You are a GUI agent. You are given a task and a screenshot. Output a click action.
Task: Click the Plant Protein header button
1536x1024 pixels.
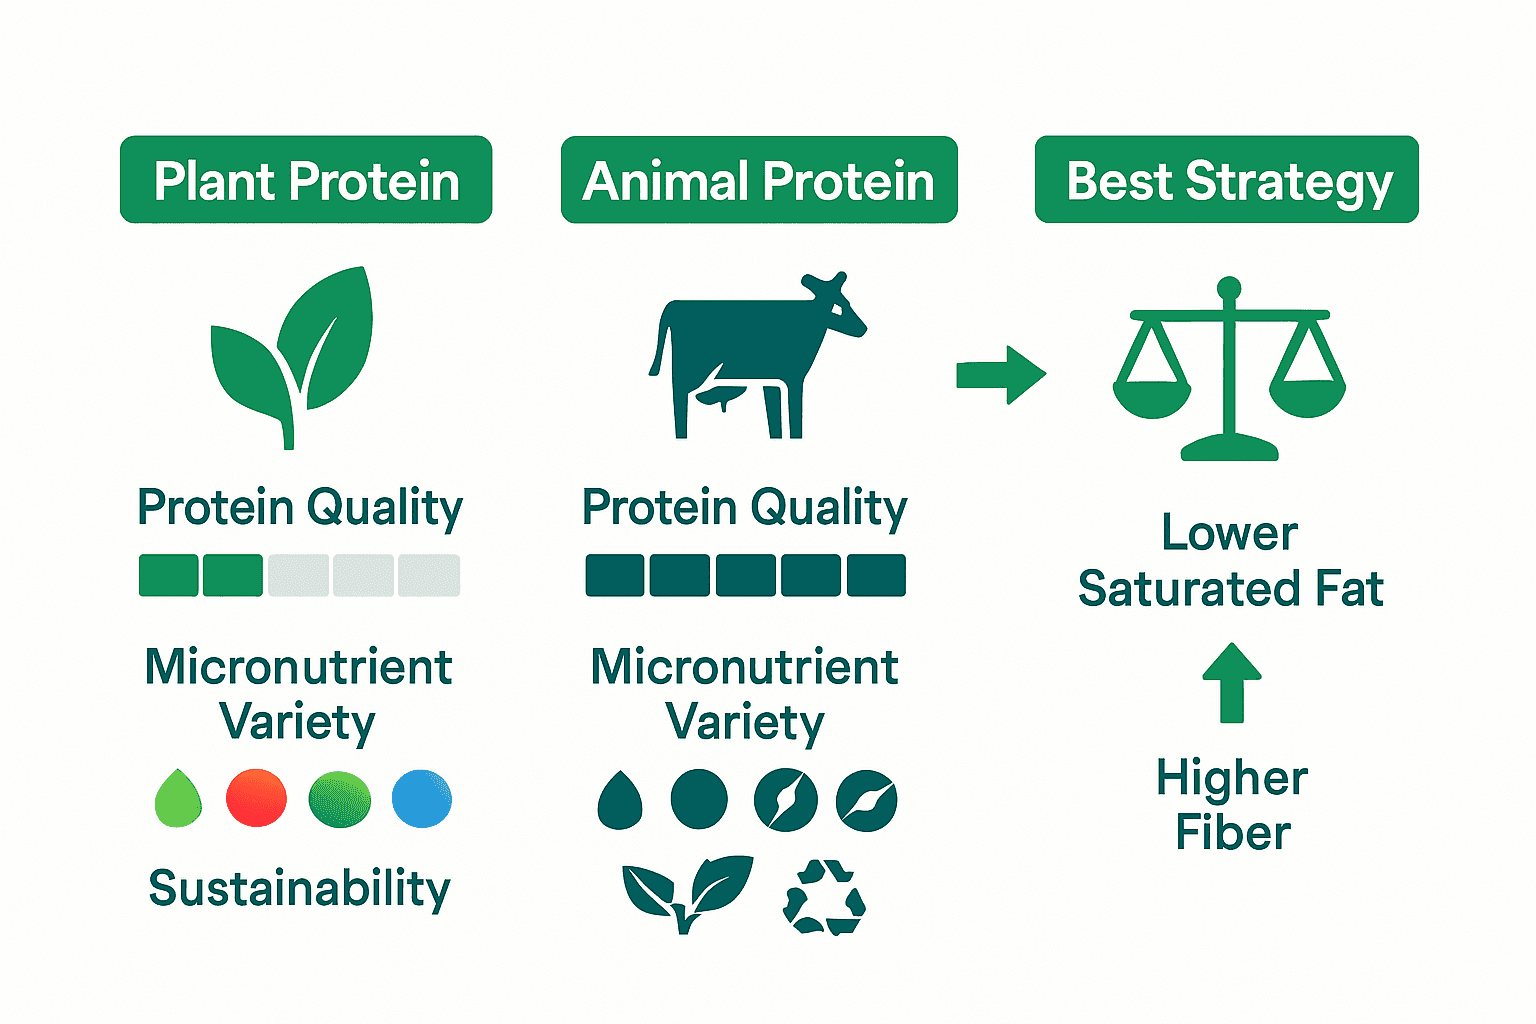pyautogui.click(x=306, y=180)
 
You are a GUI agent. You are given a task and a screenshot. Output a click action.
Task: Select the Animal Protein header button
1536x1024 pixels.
pyautogui.click(x=759, y=180)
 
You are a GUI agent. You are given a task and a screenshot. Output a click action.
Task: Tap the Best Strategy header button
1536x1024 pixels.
pyautogui.click(x=1227, y=180)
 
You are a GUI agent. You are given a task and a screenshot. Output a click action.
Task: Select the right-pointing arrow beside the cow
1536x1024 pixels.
pyautogui.click(x=1001, y=375)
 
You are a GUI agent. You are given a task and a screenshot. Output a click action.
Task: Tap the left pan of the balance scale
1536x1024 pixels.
pyautogui.click(x=1152, y=398)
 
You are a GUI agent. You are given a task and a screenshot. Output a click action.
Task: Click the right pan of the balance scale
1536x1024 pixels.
pyautogui.click(x=1307, y=398)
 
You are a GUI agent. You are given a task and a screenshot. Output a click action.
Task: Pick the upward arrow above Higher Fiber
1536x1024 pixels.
pyautogui.click(x=1232, y=682)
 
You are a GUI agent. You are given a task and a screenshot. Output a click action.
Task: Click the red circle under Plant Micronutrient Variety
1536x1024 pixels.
pyautogui.click(x=257, y=798)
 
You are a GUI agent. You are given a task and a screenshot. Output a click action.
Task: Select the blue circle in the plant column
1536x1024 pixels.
pyautogui.click(x=422, y=798)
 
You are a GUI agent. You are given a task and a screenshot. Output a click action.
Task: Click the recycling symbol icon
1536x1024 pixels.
pyautogui.click(x=824, y=897)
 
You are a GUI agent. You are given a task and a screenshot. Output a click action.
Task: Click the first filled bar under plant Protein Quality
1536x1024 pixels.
pyautogui.click(x=169, y=575)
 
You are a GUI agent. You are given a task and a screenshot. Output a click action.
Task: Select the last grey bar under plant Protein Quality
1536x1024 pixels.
pyautogui.click(x=429, y=575)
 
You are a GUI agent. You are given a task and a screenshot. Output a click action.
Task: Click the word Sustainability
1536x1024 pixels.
pyautogui.click(x=299, y=888)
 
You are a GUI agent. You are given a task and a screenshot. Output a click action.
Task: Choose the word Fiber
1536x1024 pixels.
pyautogui.click(x=1233, y=832)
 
